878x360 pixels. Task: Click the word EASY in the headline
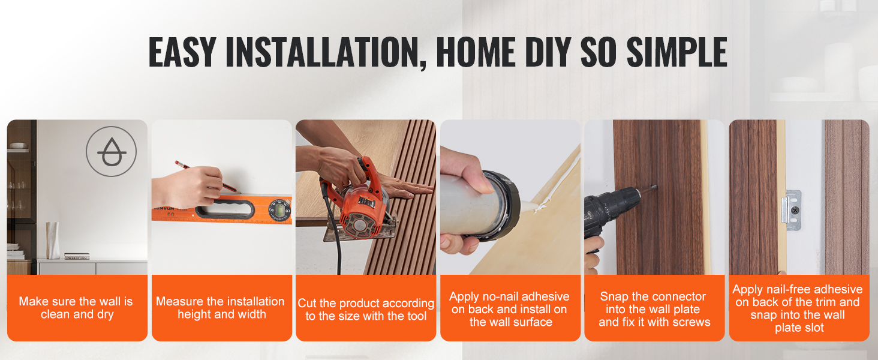(x=182, y=52)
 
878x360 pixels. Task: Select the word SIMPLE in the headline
(x=677, y=52)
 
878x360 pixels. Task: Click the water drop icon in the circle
(x=112, y=152)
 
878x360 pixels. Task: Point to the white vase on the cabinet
(x=53, y=240)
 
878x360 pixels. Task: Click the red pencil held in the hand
(x=208, y=177)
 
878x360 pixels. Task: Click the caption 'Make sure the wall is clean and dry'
(x=76, y=308)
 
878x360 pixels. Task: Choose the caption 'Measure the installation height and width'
(x=220, y=308)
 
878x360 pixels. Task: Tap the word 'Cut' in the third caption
(x=306, y=303)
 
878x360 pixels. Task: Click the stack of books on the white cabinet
(x=77, y=256)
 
